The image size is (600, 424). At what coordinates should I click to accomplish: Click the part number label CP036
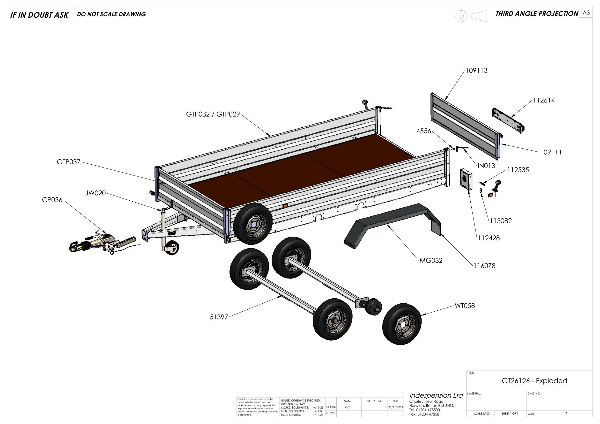[x=52, y=200]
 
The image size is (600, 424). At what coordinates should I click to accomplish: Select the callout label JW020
[x=95, y=193]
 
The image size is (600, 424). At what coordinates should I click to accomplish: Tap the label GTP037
[x=68, y=162]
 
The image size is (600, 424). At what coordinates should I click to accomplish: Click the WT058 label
[x=465, y=306]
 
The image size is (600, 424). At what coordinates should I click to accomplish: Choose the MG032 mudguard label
[x=431, y=260]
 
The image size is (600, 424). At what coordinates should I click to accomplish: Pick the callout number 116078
[x=484, y=266]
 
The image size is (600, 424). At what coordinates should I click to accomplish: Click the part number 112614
[x=544, y=100]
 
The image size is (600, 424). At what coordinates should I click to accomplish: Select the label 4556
[x=424, y=131]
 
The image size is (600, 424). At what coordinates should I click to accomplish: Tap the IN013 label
[x=486, y=166]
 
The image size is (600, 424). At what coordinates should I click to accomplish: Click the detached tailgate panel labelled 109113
[x=465, y=125]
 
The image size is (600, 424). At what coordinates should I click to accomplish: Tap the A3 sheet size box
[x=586, y=13]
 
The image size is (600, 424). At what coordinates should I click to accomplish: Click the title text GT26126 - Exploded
[x=534, y=381]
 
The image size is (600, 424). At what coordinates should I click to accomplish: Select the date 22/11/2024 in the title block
[x=396, y=407]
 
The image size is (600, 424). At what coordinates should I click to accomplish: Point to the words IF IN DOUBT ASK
[x=39, y=15]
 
